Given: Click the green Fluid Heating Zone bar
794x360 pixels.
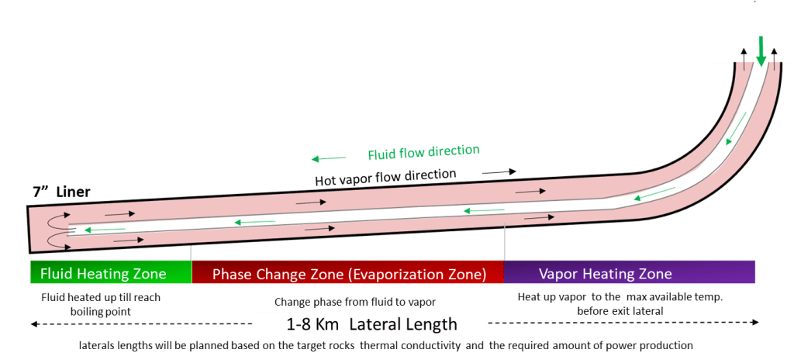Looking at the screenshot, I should tap(110, 273).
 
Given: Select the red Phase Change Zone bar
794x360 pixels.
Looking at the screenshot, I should tap(348, 273).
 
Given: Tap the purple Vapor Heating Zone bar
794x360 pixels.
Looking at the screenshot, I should tap(629, 273).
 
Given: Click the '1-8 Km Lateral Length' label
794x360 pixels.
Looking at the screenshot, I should tap(371, 324).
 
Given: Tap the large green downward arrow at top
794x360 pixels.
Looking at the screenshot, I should tap(761, 50).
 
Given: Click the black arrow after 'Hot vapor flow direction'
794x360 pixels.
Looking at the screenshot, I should tap(499, 170).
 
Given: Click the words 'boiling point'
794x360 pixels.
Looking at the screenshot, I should tap(101, 311).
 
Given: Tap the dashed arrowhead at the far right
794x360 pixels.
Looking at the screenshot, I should tap(755, 323).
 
